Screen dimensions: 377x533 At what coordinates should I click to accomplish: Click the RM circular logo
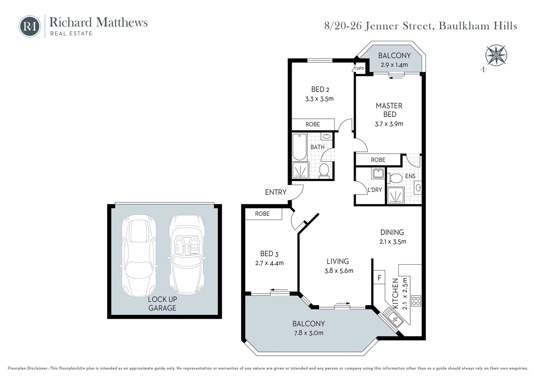(30, 26)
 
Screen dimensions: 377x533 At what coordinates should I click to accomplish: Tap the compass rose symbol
(496, 56)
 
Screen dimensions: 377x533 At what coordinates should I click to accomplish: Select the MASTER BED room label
(389, 110)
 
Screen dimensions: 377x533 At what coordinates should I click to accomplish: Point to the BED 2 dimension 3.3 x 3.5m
(319, 99)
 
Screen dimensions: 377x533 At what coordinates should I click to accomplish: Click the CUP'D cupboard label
(359, 68)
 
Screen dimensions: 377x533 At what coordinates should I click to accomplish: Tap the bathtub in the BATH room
(299, 146)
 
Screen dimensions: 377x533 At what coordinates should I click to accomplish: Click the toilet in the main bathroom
(324, 170)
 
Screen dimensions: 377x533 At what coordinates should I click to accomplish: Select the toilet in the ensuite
(395, 178)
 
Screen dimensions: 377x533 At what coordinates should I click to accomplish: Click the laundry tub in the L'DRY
(378, 173)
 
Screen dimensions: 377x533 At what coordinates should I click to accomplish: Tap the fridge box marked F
(379, 278)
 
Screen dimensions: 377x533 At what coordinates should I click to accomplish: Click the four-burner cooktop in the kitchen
(416, 301)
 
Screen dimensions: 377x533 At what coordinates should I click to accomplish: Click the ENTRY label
(276, 192)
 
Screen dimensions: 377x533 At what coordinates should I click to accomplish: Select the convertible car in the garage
(187, 254)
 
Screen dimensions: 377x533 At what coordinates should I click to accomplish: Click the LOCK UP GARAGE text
(162, 304)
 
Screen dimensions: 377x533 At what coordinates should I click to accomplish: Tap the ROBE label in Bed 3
(262, 214)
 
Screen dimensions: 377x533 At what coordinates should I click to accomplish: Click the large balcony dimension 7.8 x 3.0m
(308, 333)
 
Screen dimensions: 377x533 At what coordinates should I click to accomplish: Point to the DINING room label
(392, 232)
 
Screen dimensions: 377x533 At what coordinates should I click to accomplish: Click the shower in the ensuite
(396, 195)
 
